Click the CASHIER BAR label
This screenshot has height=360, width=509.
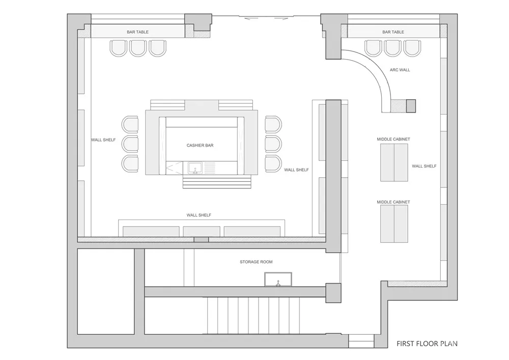click(200, 146)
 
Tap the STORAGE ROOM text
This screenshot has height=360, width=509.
click(256, 262)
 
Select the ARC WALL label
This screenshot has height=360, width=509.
click(400, 70)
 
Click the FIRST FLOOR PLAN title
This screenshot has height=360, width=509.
click(427, 343)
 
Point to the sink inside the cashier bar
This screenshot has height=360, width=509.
click(195, 169)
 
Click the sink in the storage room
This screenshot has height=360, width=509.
click(278, 279)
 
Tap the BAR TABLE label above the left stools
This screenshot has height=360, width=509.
click(137, 32)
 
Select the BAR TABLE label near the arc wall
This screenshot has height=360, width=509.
click(393, 32)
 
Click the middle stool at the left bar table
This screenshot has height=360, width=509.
click(138, 48)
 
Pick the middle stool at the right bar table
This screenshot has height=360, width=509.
click(393, 48)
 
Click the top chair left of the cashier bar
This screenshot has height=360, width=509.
click(130, 124)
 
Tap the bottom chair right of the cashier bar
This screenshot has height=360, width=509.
click(273, 163)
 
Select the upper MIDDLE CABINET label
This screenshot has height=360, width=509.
click(393, 139)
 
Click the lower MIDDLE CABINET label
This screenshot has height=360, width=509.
click(393, 202)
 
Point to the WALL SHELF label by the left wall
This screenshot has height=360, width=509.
click(103, 140)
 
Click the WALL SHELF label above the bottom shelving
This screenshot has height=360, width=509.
click(199, 215)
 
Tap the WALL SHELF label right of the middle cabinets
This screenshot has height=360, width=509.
click(425, 166)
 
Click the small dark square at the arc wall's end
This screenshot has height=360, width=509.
click(411, 106)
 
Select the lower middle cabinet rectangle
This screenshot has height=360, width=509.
click(394, 224)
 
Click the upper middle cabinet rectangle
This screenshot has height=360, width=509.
click(394, 162)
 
